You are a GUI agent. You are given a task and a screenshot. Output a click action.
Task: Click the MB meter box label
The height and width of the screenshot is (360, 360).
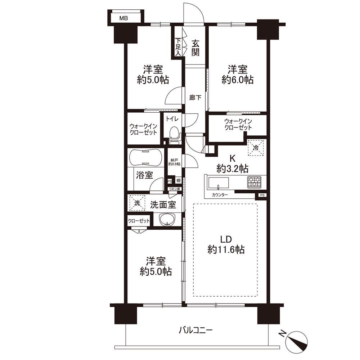click(123, 18)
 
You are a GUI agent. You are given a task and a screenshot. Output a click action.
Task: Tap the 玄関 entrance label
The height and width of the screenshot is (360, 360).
click(195, 48)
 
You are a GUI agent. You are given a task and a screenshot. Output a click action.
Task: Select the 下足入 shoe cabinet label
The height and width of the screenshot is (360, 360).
click(178, 47)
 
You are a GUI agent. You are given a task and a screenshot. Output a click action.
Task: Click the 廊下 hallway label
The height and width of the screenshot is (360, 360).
click(195, 98)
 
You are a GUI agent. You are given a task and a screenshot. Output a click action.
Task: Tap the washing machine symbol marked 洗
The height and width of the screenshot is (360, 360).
click(137, 203)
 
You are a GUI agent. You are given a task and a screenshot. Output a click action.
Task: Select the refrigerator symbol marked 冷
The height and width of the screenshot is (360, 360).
click(256, 148)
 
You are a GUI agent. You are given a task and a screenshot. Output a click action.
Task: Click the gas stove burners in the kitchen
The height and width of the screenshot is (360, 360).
click(255, 182)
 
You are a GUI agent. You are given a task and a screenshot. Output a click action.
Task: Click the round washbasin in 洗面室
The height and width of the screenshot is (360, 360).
click(167, 220)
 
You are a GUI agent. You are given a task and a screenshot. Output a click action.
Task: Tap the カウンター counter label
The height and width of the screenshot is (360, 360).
click(220, 195)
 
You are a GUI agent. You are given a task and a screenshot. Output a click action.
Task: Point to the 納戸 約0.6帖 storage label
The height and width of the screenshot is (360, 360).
click(174, 162)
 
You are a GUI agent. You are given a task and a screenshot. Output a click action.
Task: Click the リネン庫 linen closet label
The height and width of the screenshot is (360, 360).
click(175, 189)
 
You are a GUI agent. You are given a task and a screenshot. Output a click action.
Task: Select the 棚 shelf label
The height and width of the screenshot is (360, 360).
click(179, 181)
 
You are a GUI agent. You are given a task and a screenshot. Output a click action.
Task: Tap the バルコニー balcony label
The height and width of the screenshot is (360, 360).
click(196, 330)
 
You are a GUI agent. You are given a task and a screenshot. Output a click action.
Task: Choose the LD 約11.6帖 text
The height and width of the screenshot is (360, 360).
click(226, 244)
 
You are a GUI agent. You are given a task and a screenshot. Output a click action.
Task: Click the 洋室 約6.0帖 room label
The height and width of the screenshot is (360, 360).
click(238, 75)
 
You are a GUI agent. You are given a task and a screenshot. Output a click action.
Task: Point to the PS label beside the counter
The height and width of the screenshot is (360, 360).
click(262, 195)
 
